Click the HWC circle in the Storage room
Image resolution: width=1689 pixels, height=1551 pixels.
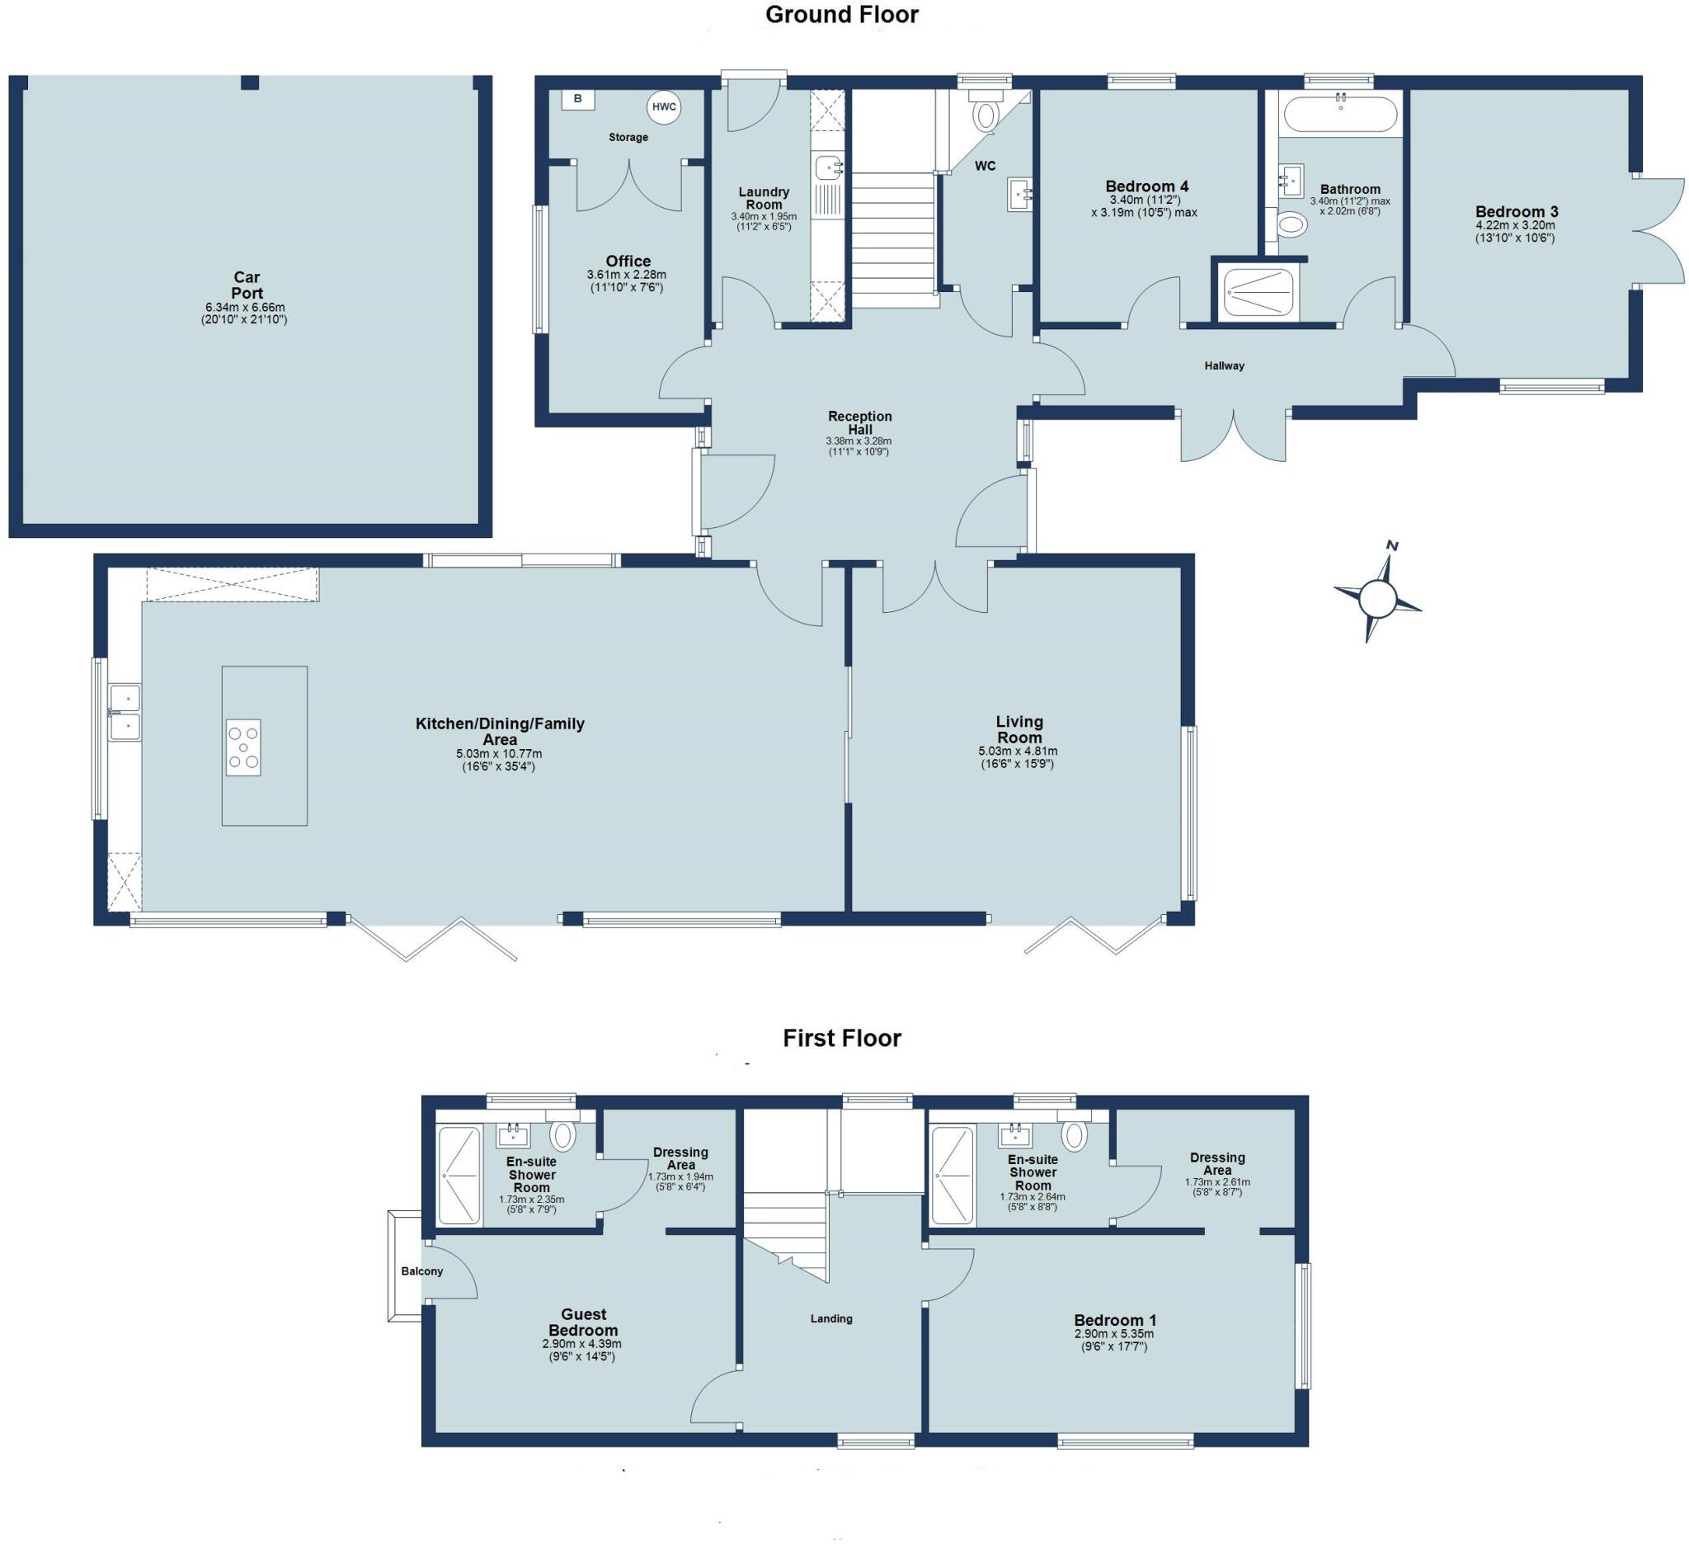(x=663, y=106)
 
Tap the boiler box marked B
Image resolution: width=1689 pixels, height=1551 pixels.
(x=577, y=99)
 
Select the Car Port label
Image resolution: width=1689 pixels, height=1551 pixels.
(x=247, y=285)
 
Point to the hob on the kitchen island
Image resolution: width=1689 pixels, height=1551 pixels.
(x=243, y=747)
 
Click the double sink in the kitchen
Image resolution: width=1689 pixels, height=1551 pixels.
(x=125, y=713)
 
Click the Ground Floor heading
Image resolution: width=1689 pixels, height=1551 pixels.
(x=841, y=14)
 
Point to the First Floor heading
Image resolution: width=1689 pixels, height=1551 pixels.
(x=841, y=1038)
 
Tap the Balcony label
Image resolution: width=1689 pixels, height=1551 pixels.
(x=421, y=1270)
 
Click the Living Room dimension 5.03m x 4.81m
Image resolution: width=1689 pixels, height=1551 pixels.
(x=1017, y=751)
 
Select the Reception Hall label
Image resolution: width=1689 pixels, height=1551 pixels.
(x=859, y=422)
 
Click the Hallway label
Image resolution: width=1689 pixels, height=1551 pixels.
(x=1223, y=365)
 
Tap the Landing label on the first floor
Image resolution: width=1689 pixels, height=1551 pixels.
(x=830, y=1318)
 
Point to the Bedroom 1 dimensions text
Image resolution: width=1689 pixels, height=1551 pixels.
(x=1113, y=1340)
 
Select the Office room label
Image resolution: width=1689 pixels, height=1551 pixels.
(x=628, y=261)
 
